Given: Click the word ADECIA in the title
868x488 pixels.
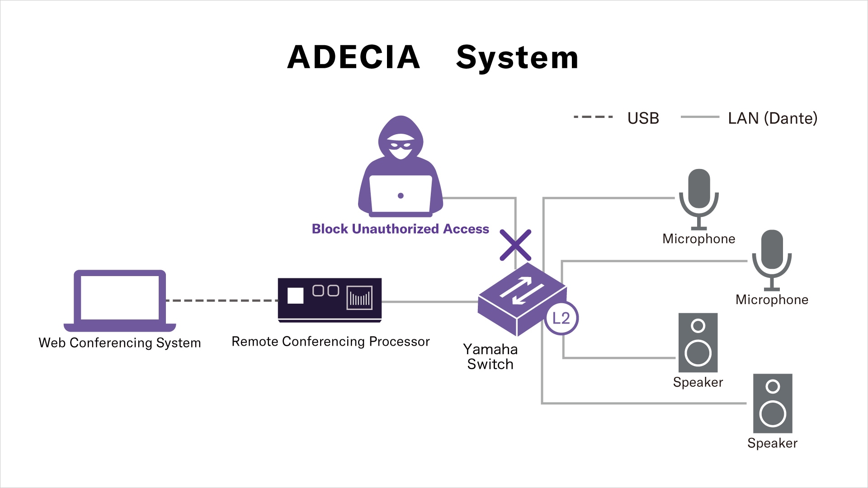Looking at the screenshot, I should point(354,57).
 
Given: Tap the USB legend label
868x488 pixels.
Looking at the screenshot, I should point(643,118).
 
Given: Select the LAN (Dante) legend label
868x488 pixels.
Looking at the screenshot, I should point(772,118).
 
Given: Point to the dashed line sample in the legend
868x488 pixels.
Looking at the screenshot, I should point(593,117).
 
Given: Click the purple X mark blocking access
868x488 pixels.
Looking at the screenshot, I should point(515,245).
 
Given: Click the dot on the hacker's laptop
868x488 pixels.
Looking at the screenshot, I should point(401,196).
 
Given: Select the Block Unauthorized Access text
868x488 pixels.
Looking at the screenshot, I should point(400,229).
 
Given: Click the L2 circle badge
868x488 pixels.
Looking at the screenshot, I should point(561,318).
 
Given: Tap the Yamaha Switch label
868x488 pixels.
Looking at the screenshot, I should point(490,357).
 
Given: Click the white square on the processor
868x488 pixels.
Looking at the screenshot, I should point(295,296).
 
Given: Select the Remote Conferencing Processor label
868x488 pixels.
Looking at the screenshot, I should point(330,341).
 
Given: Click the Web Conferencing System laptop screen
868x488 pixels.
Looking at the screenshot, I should point(120,297).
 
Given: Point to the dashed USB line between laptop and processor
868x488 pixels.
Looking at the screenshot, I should point(222,300).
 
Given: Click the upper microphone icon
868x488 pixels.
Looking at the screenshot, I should point(699,199).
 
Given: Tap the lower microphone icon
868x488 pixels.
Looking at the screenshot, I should point(772,260).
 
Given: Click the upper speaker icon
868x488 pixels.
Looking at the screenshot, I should point(698,343).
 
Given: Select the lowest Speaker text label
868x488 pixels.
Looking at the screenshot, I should point(772,443).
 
